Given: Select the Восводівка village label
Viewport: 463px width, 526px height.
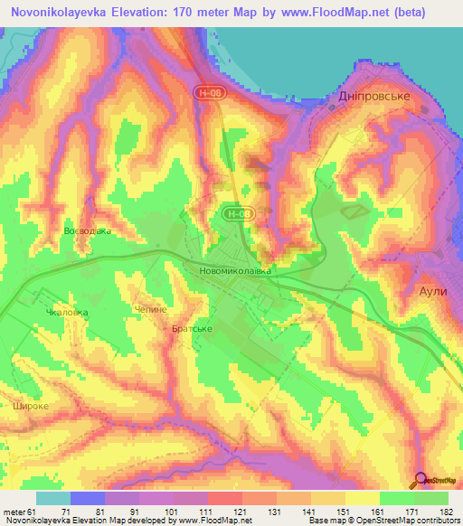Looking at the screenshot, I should [88, 231].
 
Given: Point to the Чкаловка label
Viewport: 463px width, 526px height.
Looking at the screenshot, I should [67, 313].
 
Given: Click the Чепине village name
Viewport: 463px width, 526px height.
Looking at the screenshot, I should [152, 309].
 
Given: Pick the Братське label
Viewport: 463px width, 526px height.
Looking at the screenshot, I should [192, 329].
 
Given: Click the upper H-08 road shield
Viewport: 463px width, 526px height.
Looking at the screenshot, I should [207, 92].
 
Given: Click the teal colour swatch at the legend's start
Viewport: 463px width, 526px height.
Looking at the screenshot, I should [53, 498].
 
